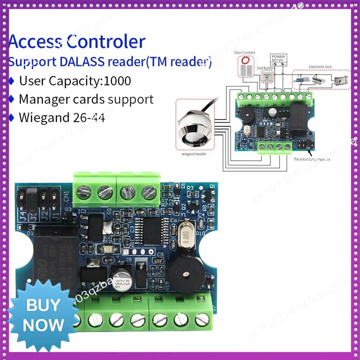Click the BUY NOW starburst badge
pyautogui.click(x=42, y=316)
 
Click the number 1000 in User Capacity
pyautogui.click(x=117, y=81)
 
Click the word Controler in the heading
pyautogui.click(x=106, y=42)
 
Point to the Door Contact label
pyautogui.click(x=245, y=53)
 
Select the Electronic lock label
pyautogui.click(x=320, y=67)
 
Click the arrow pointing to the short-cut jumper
pyautogui.click(x=310, y=152)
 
